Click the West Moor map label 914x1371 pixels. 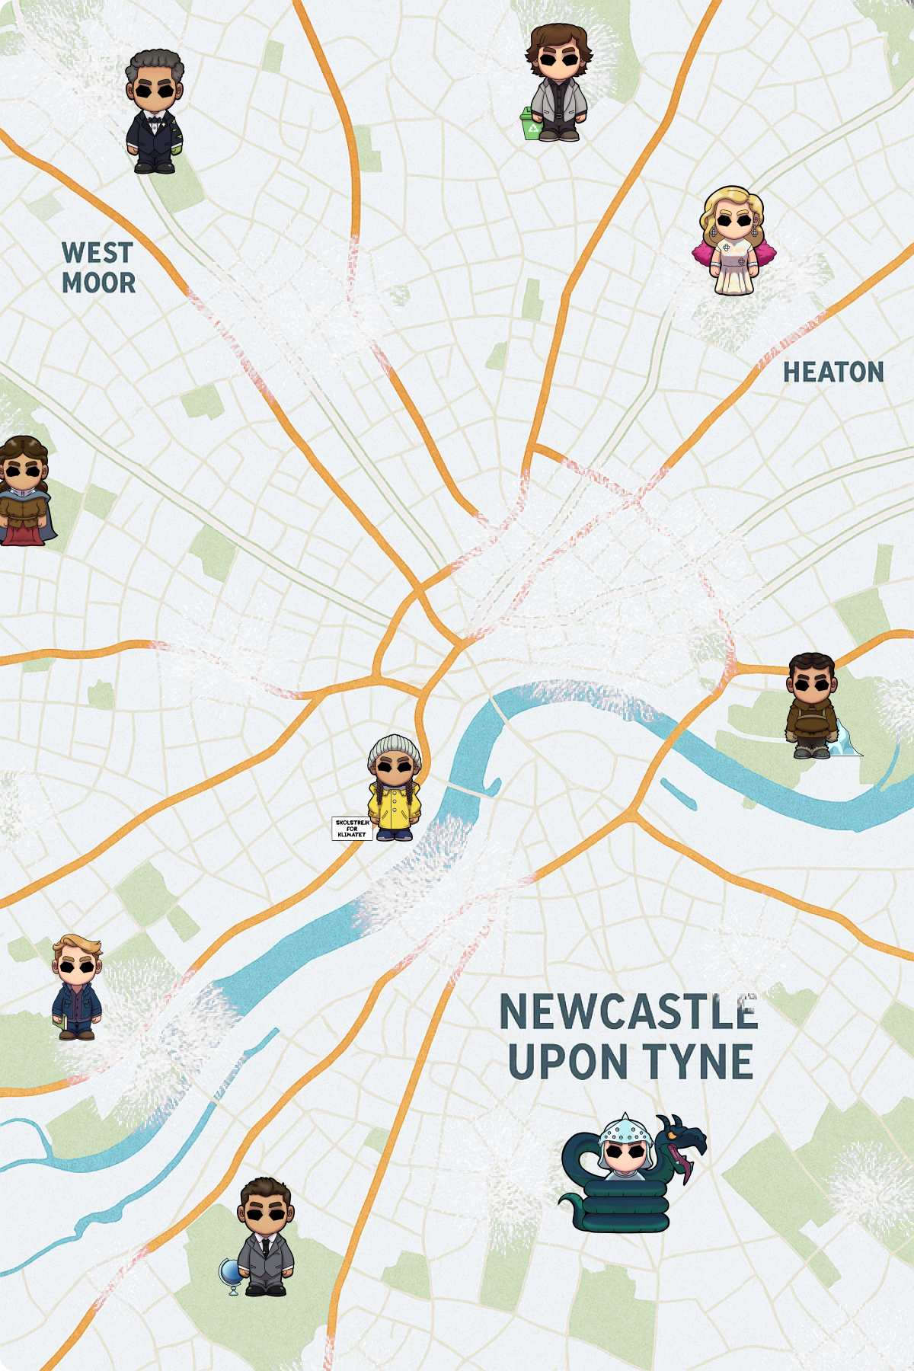[x=98, y=267]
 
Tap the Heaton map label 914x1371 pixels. [x=833, y=372]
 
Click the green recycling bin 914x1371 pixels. [x=530, y=124]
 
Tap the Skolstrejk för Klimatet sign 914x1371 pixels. [x=352, y=828]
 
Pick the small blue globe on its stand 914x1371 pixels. [x=230, y=1274]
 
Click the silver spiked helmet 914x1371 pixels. [x=625, y=1130]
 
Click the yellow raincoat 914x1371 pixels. [x=395, y=807]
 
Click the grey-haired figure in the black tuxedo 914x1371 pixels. [x=155, y=112]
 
